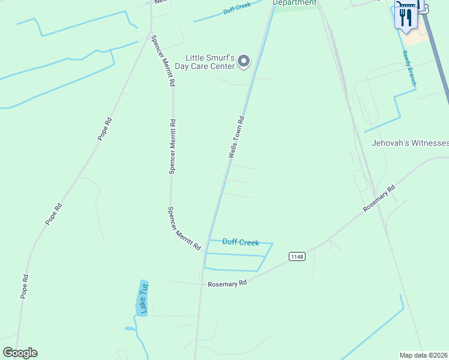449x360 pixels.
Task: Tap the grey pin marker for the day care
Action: (x=244, y=61)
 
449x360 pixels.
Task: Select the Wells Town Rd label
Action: (x=236, y=137)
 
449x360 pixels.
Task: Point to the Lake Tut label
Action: (x=143, y=298)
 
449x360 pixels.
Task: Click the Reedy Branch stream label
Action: (x=409, y=67)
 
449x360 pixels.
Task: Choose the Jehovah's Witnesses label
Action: (x=410, y=143)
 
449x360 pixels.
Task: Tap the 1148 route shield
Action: (x=297, y=256)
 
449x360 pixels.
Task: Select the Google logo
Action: (x=20, y=353)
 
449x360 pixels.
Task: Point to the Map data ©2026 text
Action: (x=424, y=355)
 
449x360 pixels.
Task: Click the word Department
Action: (x=294, y=2)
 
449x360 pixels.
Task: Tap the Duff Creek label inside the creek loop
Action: (x=241, y=242)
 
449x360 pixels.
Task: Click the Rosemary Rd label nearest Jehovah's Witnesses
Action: (x=379, y=198)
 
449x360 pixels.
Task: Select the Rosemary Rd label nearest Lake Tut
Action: (x=228, y=283)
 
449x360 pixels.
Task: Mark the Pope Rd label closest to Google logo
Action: (x=24, y=286)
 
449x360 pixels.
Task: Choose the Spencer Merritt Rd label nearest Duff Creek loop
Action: (x=183, y=228)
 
